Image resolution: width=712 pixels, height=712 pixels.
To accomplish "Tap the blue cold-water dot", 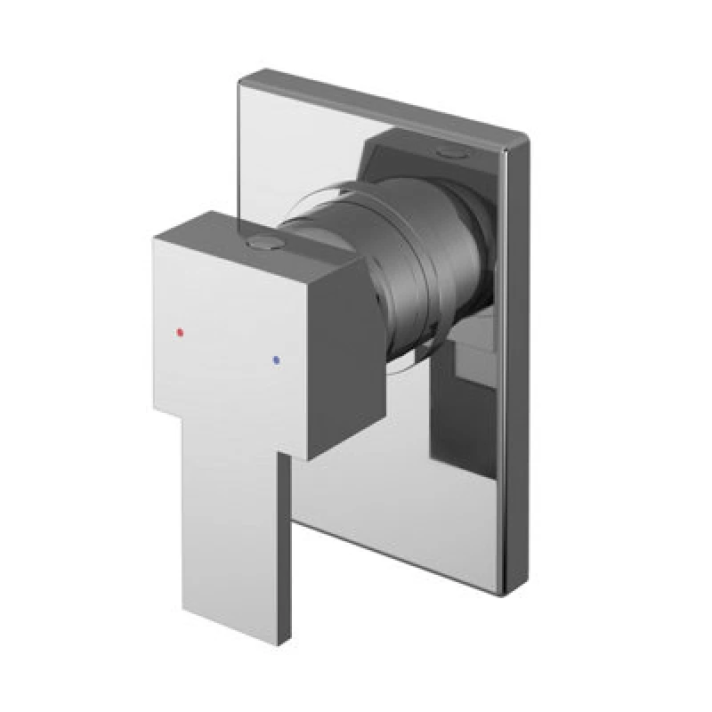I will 278,359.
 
